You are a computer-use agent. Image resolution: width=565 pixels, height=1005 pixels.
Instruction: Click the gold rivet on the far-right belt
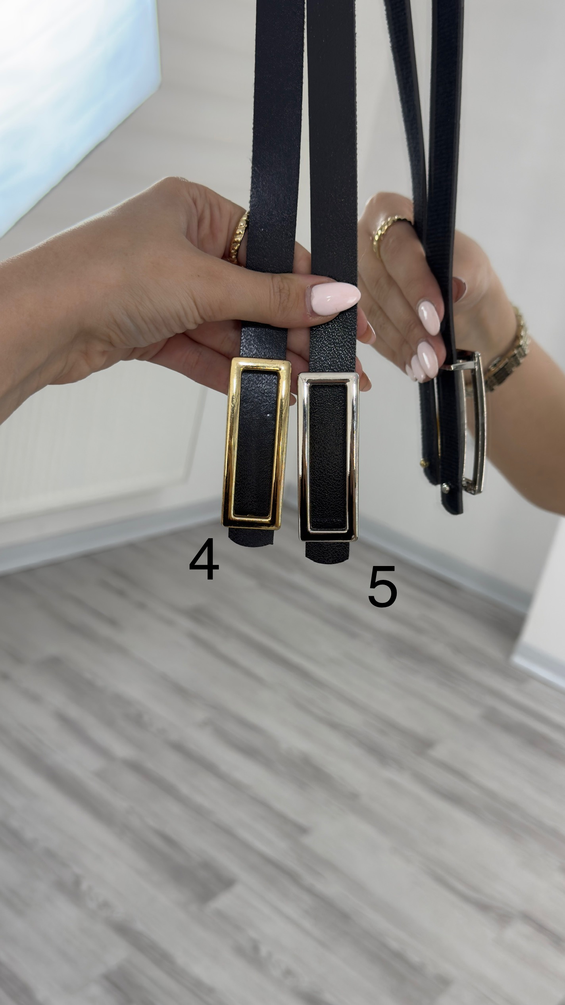[424, 463]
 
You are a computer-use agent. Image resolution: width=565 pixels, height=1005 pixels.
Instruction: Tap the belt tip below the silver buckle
[327, 552]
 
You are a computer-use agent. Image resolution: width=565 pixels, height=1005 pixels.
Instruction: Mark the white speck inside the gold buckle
[269, 415]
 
